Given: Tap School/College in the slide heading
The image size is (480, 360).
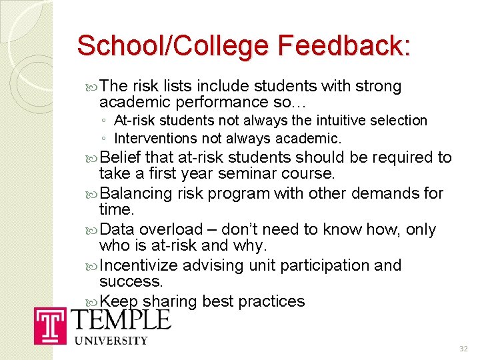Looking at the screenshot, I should [x=173, y=47].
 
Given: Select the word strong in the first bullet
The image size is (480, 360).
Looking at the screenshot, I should [x=379, y=86].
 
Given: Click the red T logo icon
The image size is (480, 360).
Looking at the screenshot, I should [x=51, y=325].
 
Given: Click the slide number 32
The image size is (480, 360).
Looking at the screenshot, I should [x=464, y=349].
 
